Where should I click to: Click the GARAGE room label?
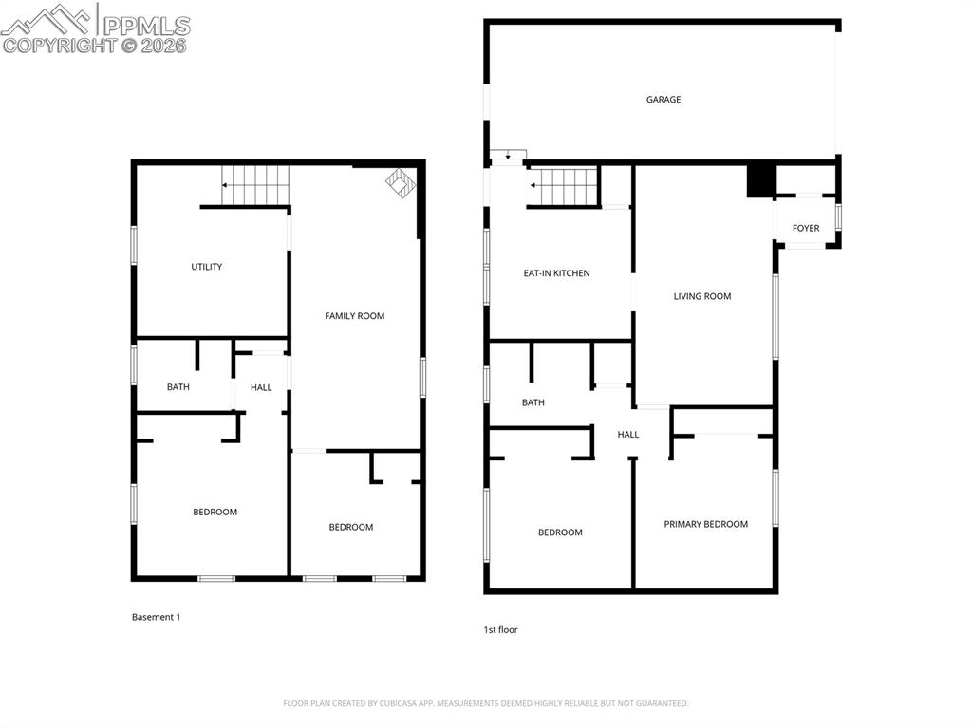point(664,100)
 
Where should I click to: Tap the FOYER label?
point(806,228)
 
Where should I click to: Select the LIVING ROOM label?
point(702,296)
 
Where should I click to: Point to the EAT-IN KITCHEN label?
point(556,273)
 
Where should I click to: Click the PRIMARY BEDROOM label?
point(705,524)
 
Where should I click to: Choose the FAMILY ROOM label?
point(354,316)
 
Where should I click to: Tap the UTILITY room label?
point(206,267)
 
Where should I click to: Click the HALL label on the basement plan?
point(261,387)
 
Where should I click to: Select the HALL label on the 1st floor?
point(628,435)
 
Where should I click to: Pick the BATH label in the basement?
point(178,387)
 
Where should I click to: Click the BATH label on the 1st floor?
point(533,402)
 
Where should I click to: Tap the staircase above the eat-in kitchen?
point(564,186)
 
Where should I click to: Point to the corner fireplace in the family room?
point(401,183)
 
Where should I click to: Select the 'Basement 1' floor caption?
point(156,617)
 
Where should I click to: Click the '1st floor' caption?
point(500,629)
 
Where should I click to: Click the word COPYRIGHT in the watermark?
point(59,45)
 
